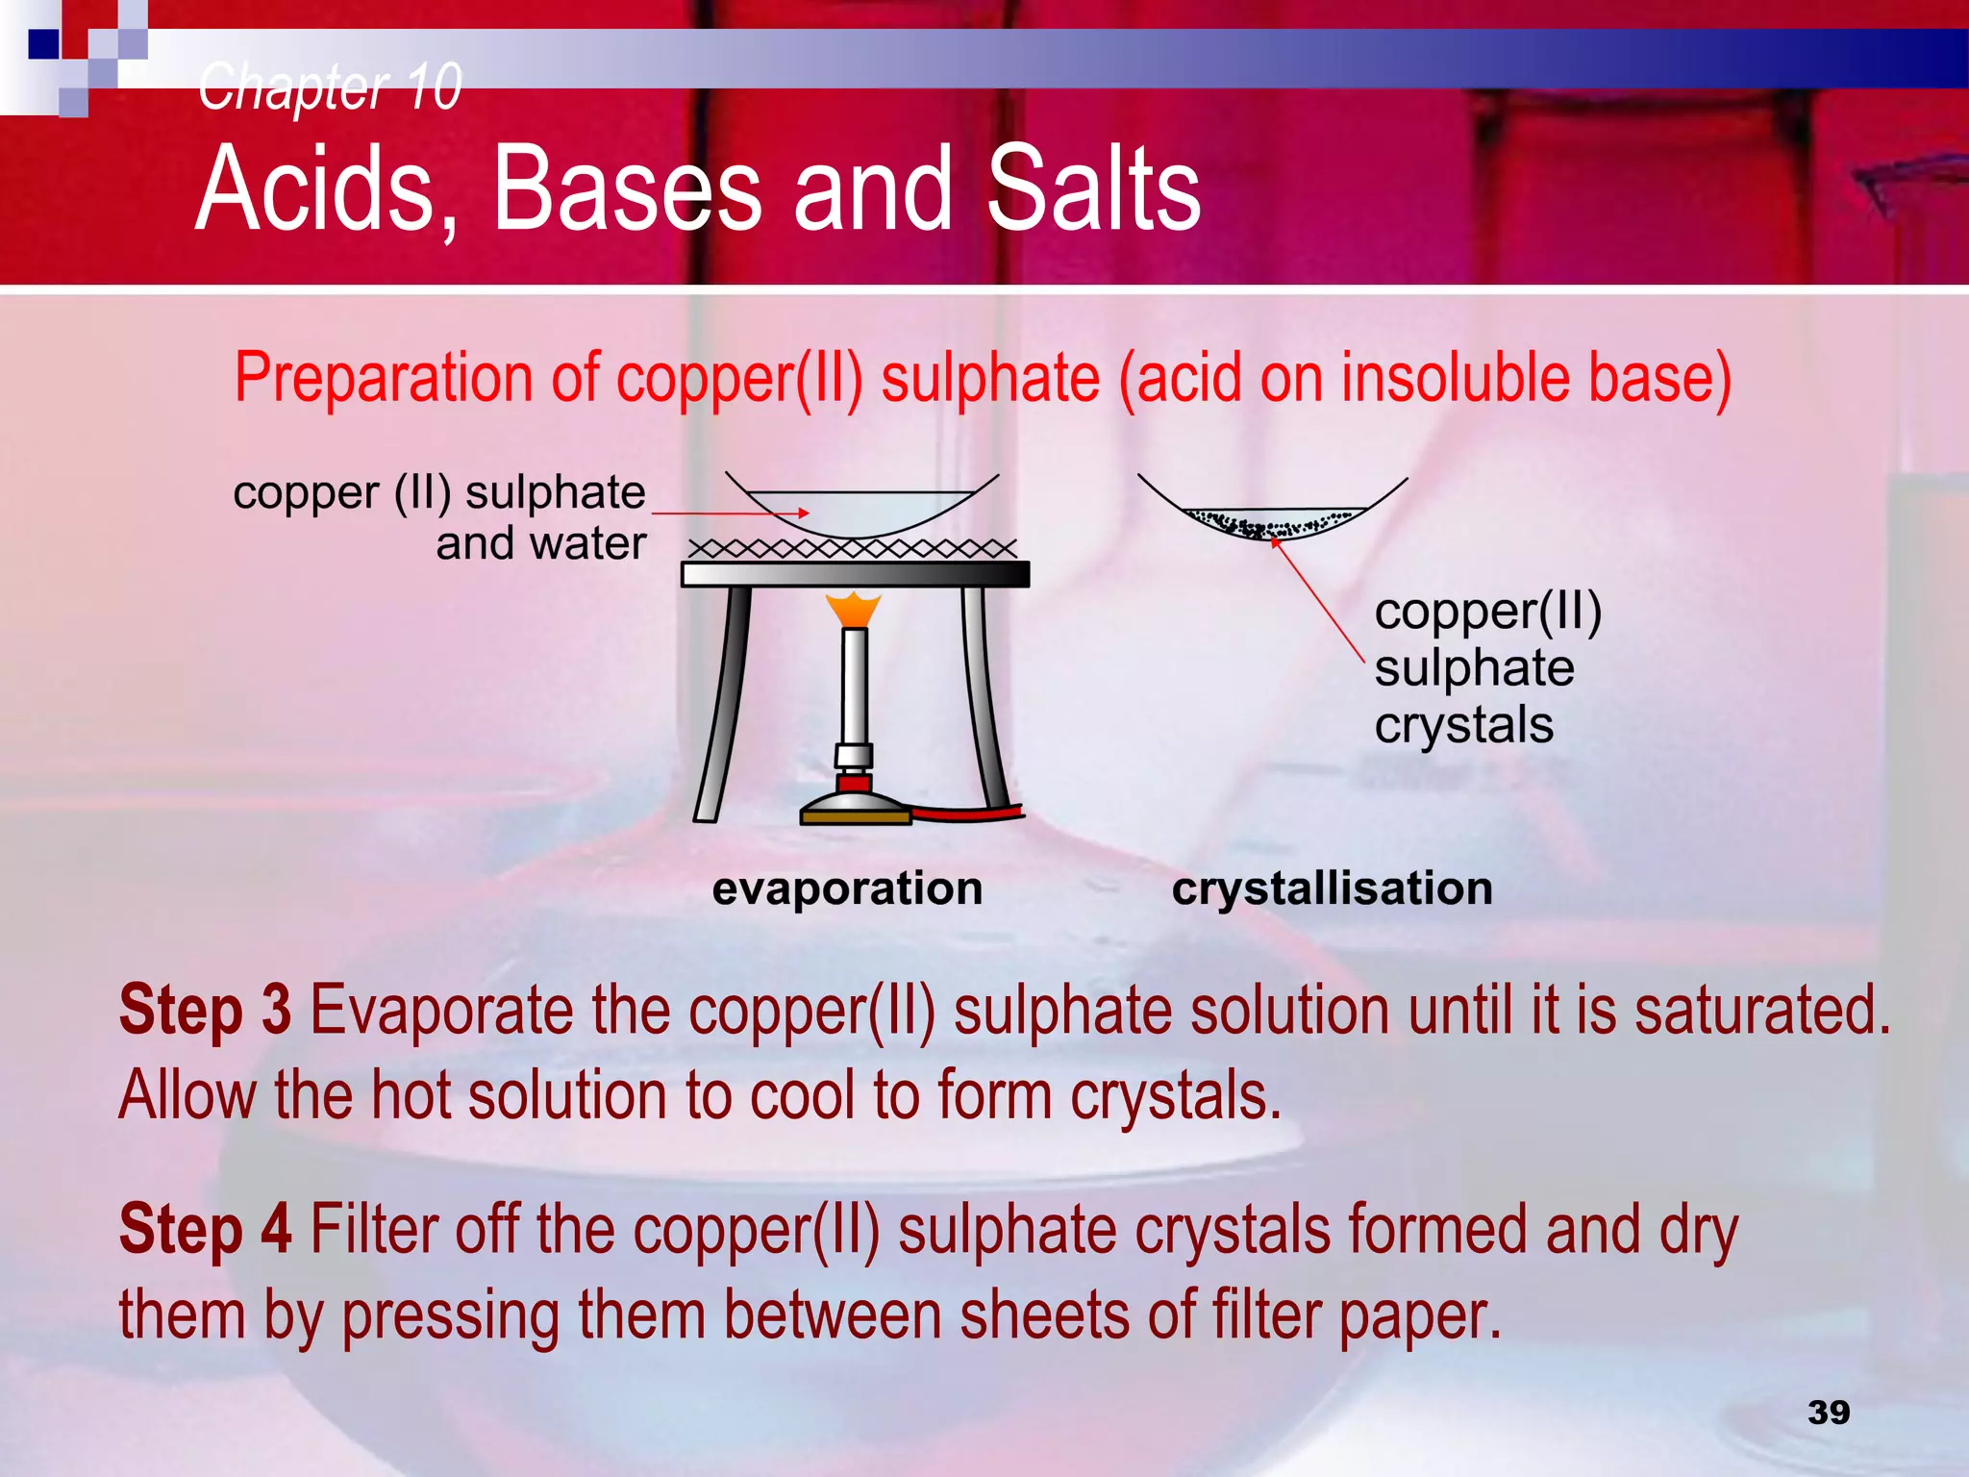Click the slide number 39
pyautogui.click(x=1828, y=1412)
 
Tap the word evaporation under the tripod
pyautogui.click(x=847, y=888)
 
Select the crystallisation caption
pyautogui.click(x=1332, y=888)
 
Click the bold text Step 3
pyautogui.click(x=205, y=1011)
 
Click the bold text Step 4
pyautogui.click(x=205, y=1230)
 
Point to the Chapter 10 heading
pyautogui.click(x=330, y=87)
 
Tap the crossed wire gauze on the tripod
pyautogui.click(x=853, y=549)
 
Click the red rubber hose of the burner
pyautogui.click(x=966, y=814)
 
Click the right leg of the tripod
pyautogui.click(x=985, y=697)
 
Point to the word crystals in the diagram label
pyautogui.click(x=1462, y=724)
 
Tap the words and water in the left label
pyautogui.click(x=541, y=544)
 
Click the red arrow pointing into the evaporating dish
pyautogui.click(x=731, y=513)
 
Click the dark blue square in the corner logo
pyautogui.click(x=44, y=44)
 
